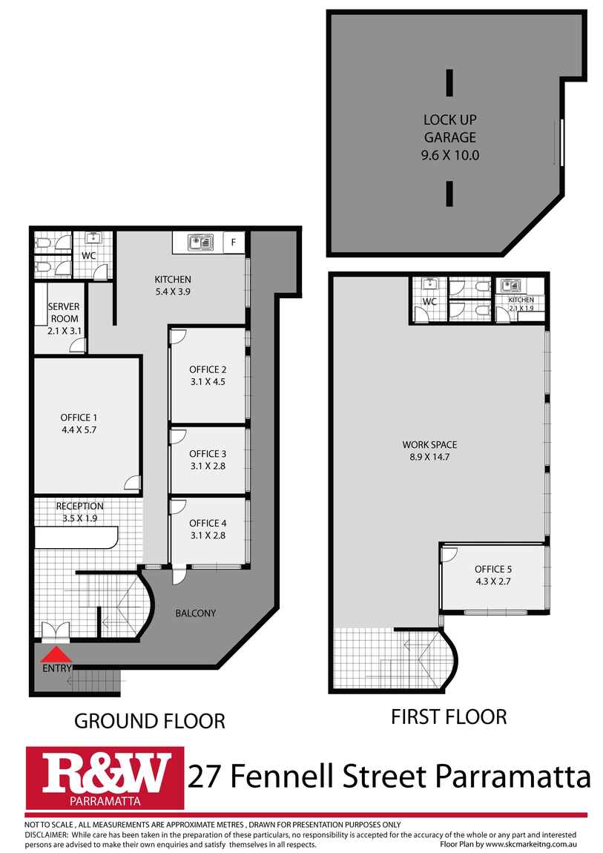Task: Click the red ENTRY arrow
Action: coord(56,653)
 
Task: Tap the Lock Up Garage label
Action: coord(450,128)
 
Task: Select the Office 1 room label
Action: coord(79,418)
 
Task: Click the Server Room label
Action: coord(64,312)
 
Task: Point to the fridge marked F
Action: coord(234,243)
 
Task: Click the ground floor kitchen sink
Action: coord(200,243)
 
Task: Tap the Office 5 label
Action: coord(493,569)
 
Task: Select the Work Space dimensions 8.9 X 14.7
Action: coord(429,457)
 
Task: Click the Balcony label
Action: coord(196,613)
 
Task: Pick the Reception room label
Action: coord(79,506)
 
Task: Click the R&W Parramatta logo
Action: coord(105,778)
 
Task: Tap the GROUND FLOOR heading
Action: coord(150,721)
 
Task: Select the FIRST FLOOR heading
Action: coord(449,717)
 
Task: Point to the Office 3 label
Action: coord(208,454)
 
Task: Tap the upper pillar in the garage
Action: coord(449,82)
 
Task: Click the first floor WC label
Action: coord(429,301)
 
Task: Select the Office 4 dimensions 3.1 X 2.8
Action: coord(208,536)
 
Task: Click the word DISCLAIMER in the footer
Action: coord(46,834)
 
